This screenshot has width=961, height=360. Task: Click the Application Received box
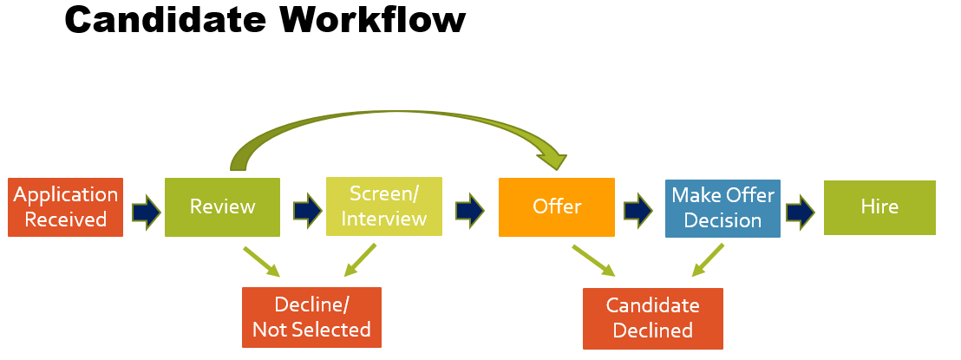65,207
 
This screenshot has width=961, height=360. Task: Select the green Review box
222,207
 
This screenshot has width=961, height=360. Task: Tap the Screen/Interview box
383,206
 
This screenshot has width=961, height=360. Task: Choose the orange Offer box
556,207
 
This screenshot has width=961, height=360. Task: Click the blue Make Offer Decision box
722,207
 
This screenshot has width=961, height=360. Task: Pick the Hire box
879,207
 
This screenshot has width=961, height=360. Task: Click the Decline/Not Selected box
311,317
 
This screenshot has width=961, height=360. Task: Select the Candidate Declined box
652,317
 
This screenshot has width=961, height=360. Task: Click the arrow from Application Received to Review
146,210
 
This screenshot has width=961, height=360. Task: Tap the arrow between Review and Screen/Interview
307,210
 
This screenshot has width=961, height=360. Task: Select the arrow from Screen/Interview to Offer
469,210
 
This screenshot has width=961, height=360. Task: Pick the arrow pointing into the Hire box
800,210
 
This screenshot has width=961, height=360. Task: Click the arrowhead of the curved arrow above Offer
552,158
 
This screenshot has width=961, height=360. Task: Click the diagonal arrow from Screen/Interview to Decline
360,260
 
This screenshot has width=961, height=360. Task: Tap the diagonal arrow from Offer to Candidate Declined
593,261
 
